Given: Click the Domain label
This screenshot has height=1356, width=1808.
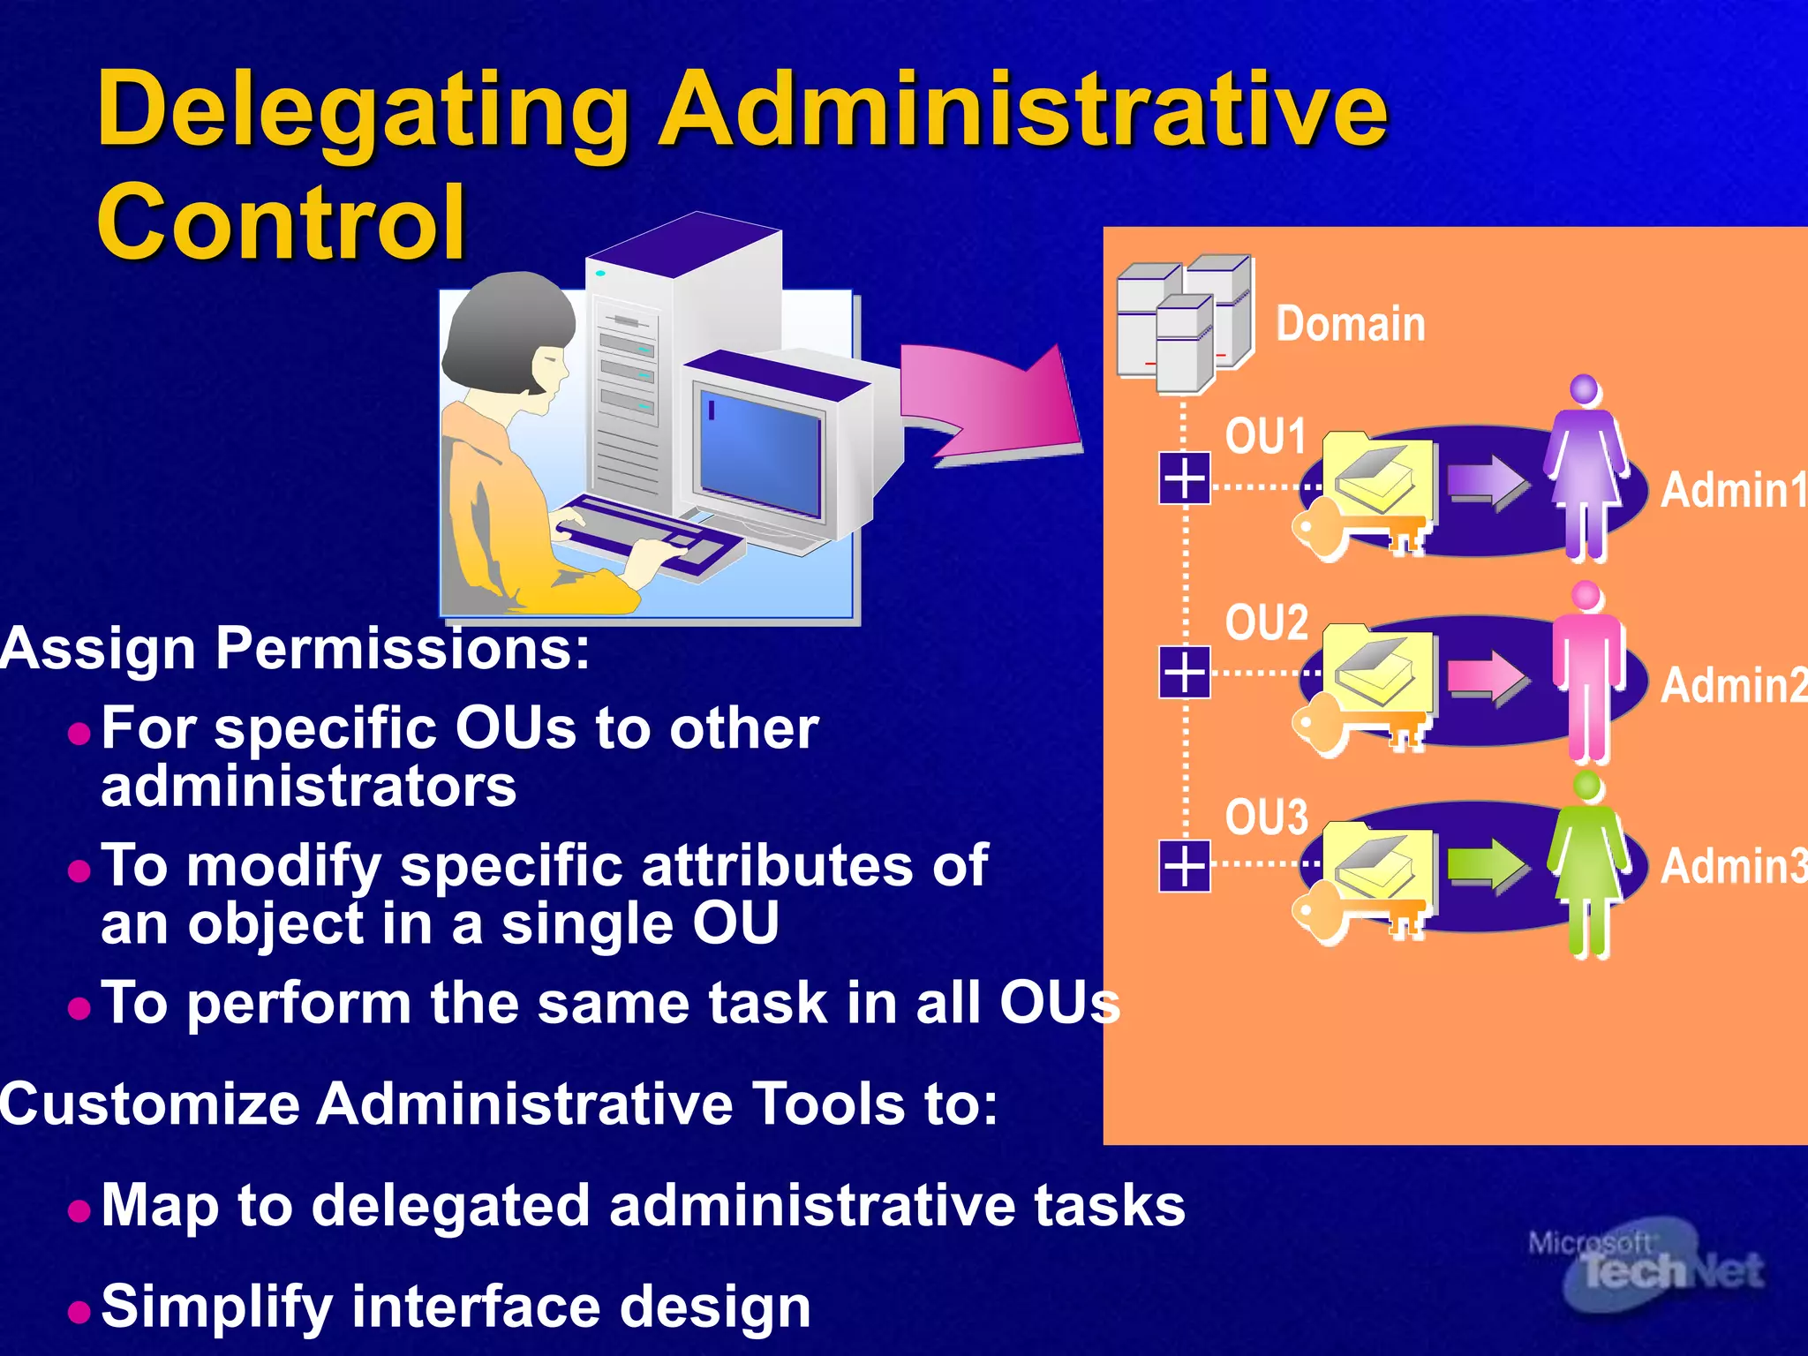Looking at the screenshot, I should pyautogui.click(x=1350, y=324).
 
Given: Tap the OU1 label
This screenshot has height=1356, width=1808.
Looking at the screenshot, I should pyautogui.click(x=1265, y=436).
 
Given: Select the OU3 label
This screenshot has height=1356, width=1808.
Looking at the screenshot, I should pyautogui.click(x=1266, y=817).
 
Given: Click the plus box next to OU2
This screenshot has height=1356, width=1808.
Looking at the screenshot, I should pyautogui.click(x=1185, y=673).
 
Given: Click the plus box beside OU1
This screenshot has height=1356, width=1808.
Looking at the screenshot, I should pyautogui.click(x=1185, y=478).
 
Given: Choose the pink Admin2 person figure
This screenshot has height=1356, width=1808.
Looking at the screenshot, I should pyautogui.click(x=1587, y=671).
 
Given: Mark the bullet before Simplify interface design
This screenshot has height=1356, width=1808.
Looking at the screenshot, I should pyautogui.click(x=79, y=1310).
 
